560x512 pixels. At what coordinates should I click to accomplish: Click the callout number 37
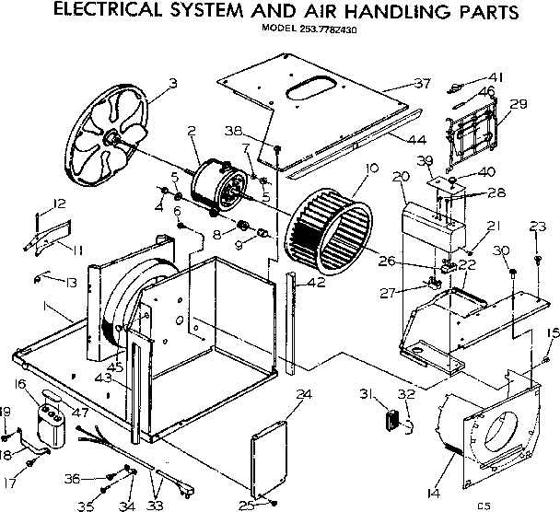[x=422, y=84]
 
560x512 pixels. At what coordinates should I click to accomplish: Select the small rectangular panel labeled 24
[x=269, y=458]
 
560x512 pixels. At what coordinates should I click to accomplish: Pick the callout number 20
[x=400, y=176]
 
